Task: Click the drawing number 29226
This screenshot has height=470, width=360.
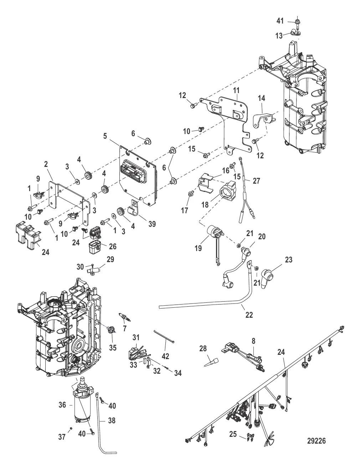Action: [316, 441]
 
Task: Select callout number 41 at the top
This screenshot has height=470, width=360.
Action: [280, 21]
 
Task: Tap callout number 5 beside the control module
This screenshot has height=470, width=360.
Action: [105, 136]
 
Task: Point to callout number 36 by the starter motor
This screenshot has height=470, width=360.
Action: [62, 405]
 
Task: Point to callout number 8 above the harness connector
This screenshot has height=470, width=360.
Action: [253, 341]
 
